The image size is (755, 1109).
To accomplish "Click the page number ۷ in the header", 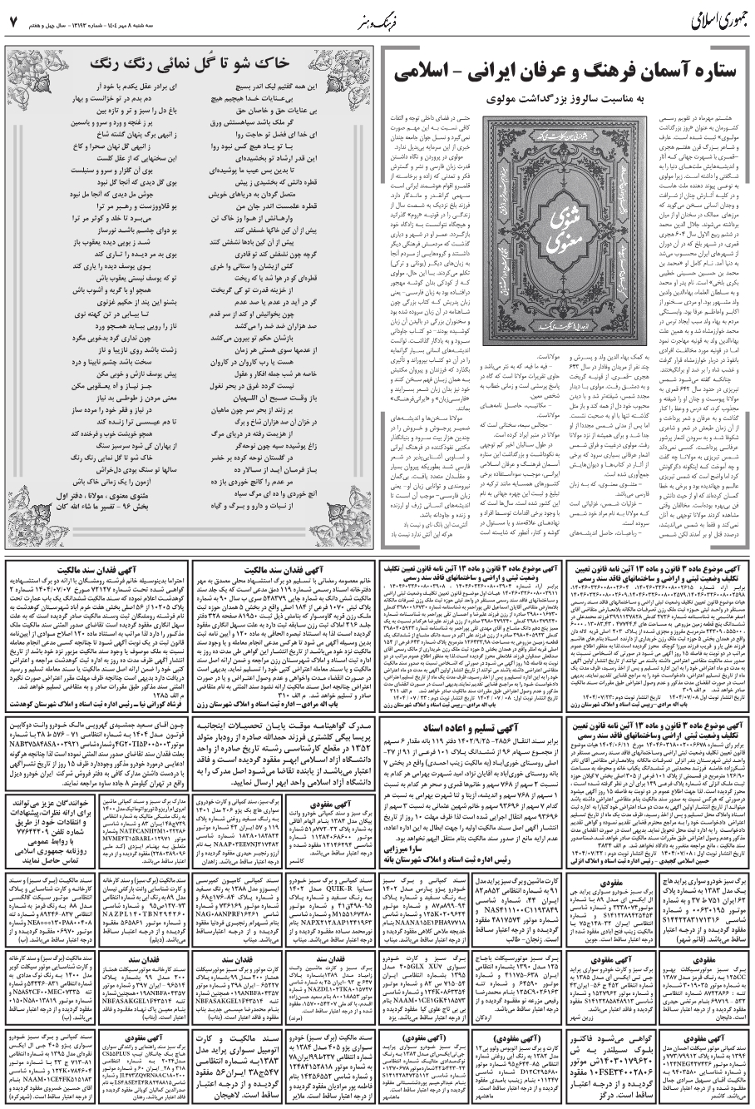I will [12, 18].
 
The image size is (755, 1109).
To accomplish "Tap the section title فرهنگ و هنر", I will [376, 17].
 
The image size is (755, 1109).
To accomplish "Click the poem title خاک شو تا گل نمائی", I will [190, 62].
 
